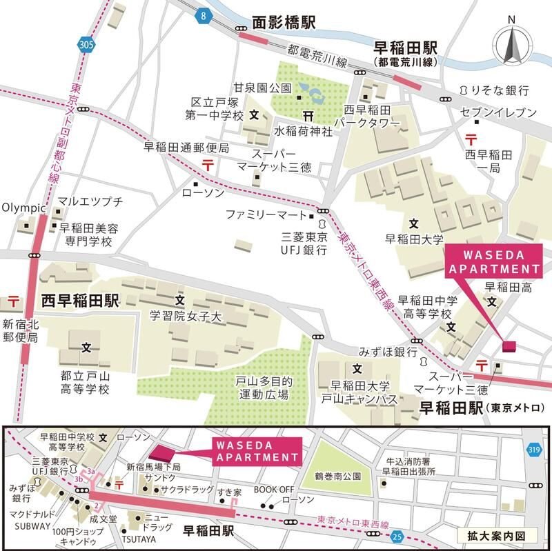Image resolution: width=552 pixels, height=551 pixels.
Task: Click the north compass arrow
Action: coord(511,46)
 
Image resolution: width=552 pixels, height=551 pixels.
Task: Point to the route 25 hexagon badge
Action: coord(396,535)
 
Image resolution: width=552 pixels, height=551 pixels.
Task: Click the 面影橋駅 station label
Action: coord(283,23)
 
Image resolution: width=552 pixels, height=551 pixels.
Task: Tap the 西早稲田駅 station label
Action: coord(81,301)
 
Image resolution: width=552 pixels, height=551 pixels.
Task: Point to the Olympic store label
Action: coord(23,207)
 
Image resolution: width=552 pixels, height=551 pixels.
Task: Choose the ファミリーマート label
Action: coord(265,215)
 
